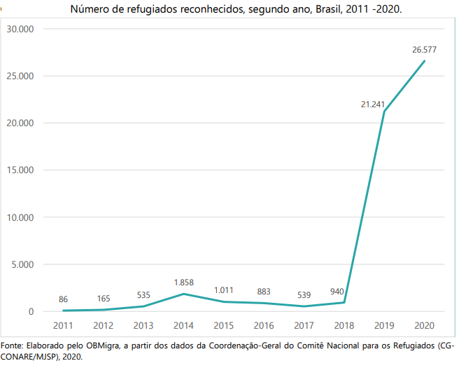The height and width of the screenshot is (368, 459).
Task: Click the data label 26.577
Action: pos(424,50)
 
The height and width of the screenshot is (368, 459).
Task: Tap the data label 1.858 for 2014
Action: pos(183,282)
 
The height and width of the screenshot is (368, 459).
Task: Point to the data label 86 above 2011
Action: pos(63,299)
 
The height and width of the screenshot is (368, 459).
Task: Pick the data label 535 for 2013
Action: pos(143,295)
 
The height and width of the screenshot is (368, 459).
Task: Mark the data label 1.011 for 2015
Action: pos(224,289)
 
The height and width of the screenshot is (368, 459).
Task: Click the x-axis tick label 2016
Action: pos(264,325)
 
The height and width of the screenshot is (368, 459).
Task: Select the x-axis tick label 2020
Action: pos(424,325)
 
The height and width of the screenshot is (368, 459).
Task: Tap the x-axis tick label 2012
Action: pos(103,325)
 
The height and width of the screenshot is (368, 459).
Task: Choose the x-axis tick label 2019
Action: pos(384,325)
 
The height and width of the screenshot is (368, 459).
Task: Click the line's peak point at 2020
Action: pos(424,61)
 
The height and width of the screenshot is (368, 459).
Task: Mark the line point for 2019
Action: pos(384,111)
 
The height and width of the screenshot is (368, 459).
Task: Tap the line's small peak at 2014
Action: pos(183,294)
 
